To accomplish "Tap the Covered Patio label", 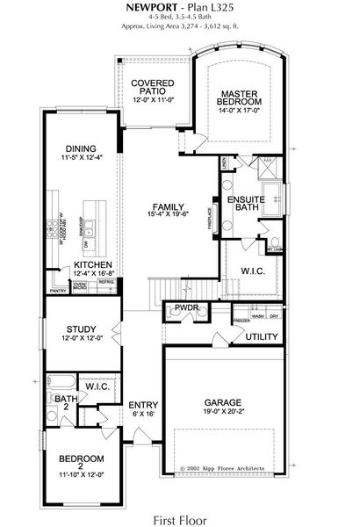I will pos(150,87).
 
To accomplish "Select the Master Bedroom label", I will pos(237,97).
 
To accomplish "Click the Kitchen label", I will pos(91,263).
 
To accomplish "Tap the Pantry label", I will pos(59,290).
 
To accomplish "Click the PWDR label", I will pos(186,308).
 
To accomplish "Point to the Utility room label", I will pos(262,337).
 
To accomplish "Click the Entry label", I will pos(143,405).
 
